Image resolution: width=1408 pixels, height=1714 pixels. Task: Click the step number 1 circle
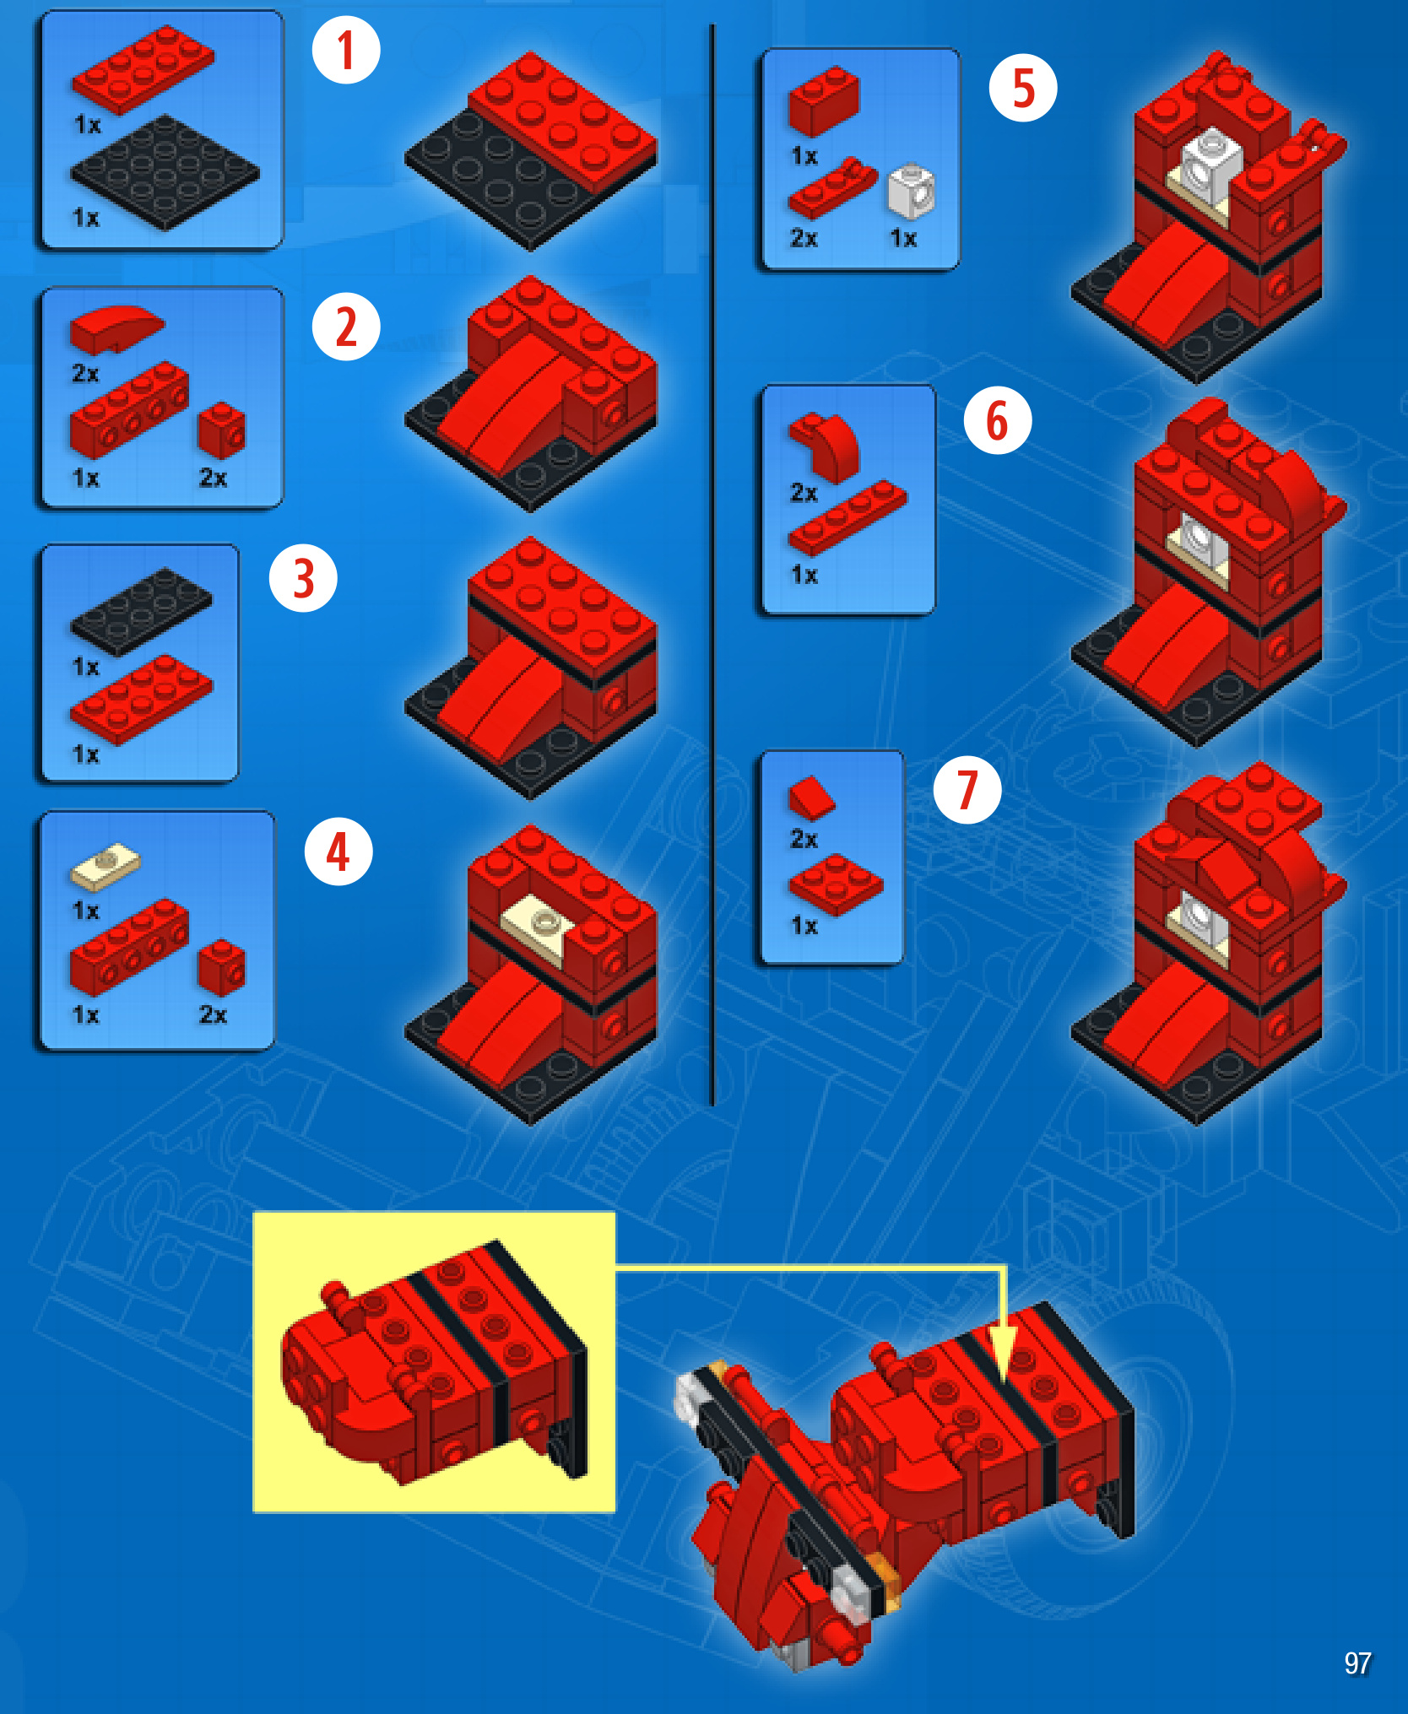346,50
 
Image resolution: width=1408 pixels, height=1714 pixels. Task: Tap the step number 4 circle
338,851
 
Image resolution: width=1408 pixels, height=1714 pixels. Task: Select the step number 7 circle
967,790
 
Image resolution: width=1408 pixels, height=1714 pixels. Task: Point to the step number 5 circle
1023,88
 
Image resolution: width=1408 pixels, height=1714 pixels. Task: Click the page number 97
1357,1663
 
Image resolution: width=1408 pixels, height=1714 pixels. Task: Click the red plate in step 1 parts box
144,69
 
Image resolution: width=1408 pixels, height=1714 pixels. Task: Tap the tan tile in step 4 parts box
106,867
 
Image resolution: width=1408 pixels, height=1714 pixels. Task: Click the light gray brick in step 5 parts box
912,191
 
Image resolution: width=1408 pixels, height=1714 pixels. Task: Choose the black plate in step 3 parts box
142,611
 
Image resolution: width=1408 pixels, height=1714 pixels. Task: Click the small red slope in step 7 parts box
812,798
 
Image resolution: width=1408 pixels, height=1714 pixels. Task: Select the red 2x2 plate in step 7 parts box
836,884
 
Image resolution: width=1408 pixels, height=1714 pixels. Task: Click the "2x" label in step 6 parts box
804,493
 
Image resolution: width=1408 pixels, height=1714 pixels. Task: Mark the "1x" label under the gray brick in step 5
903,239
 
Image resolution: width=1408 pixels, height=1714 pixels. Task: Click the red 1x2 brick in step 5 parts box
824,101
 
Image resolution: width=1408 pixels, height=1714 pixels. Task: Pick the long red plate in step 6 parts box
848,517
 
